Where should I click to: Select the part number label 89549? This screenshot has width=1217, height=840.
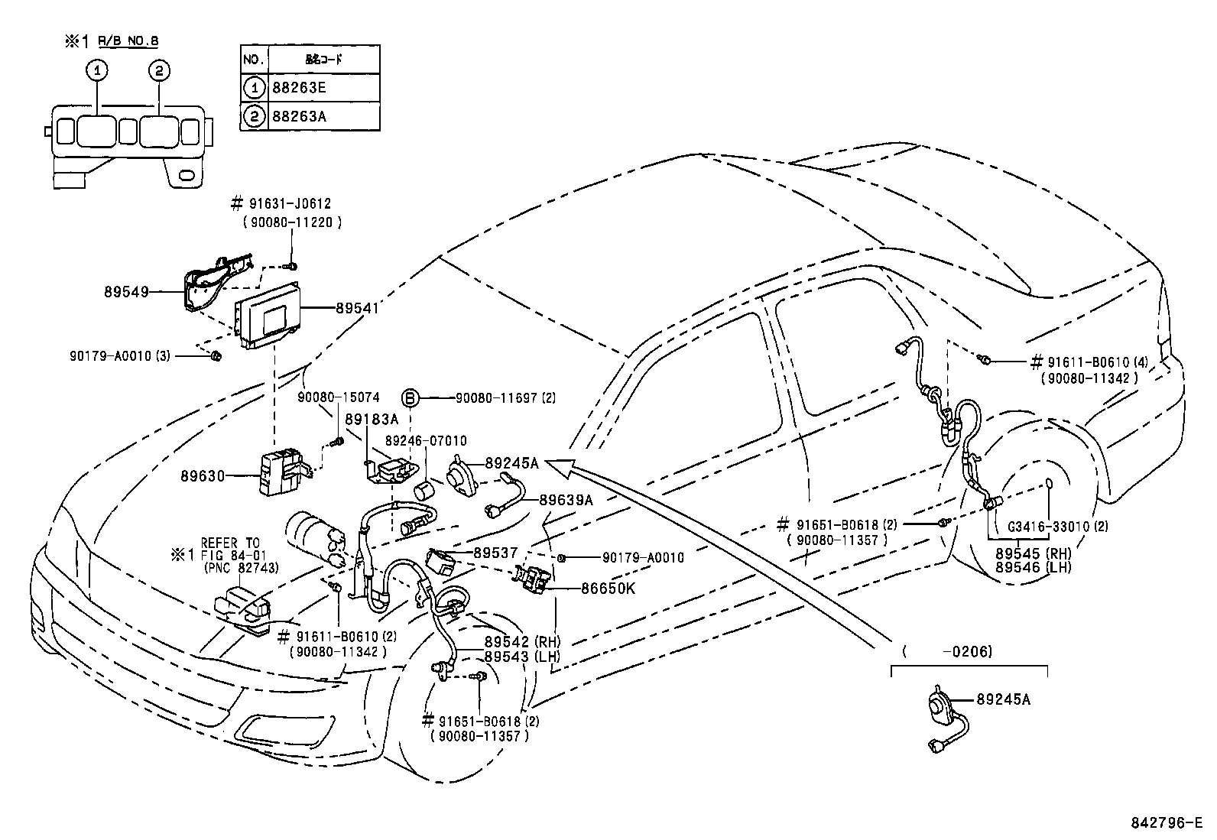125,291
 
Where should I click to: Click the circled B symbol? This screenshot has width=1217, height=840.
411,397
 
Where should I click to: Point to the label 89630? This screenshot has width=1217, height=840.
203,475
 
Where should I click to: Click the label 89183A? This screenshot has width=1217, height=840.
372,420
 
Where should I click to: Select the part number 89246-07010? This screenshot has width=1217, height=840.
426,441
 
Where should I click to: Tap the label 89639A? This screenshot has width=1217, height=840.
566,500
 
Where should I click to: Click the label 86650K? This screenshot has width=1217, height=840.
608,589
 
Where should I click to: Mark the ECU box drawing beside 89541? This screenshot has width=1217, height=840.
268,313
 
